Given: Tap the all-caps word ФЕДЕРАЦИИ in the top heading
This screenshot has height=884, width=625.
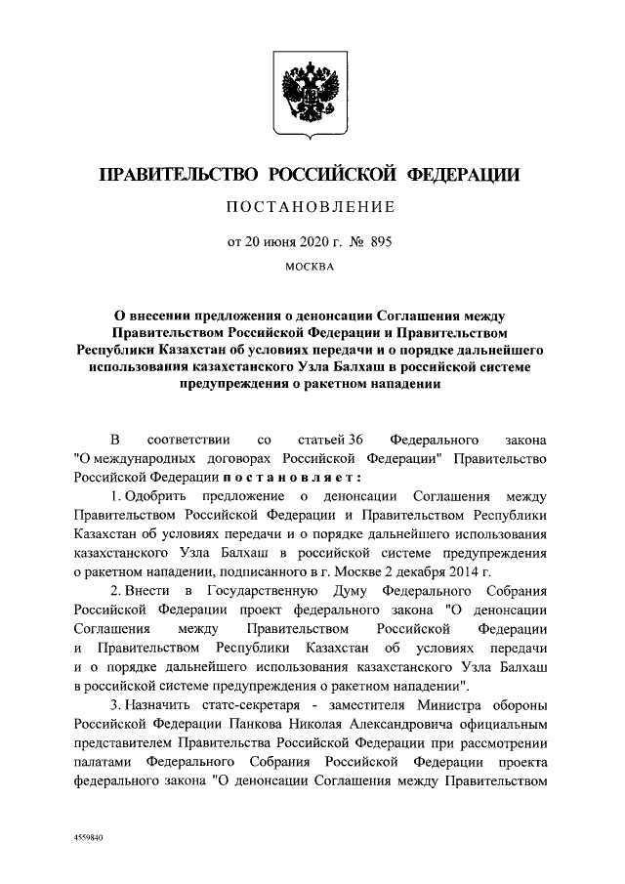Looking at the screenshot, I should pos(462,176).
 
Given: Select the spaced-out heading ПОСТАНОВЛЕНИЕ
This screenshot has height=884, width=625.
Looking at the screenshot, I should pos(312,207).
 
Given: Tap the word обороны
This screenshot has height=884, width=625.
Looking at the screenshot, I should pos(522,706).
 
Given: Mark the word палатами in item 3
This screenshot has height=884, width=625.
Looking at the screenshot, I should pos(102,763).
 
